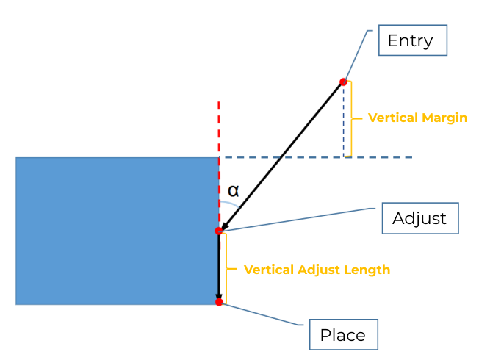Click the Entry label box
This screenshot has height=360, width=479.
point(412,40)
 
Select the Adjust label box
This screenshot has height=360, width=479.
point(420,218)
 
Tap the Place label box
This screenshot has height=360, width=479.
point(343,335)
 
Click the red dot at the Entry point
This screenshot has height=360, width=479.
point(343,82)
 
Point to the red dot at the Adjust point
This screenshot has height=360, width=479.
point(218,231)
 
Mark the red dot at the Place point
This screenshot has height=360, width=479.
point(219,302)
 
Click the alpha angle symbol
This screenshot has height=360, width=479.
point(233,191)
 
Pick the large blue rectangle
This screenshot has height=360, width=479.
point(110,231)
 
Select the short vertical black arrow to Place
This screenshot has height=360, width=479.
point(218,268)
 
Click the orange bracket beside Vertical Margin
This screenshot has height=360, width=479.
point(350,118)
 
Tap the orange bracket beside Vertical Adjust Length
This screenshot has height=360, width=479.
point(226,267)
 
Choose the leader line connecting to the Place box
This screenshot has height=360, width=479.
point(264,314)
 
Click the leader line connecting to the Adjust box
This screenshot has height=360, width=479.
point(294,220)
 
